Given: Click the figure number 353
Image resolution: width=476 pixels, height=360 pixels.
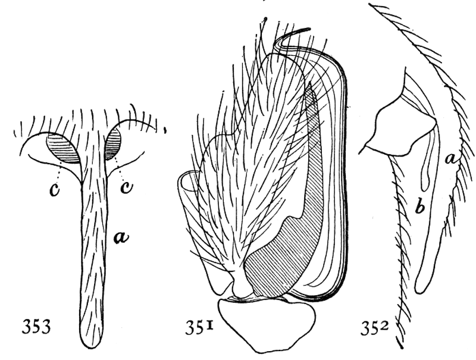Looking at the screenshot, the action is (36, 327).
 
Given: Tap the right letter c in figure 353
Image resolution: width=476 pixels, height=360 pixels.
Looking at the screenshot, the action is (126, 188).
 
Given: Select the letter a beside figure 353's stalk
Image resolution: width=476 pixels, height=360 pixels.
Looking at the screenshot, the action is (121, 237).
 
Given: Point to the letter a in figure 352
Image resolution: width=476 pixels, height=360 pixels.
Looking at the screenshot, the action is (452, 158).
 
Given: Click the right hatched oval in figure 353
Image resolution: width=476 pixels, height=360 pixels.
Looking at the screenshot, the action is (113, 143).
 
